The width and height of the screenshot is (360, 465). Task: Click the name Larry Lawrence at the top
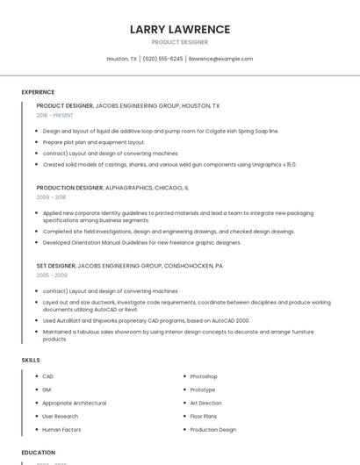(x=179, y=29)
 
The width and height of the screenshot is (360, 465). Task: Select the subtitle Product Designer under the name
(x=179, y=42)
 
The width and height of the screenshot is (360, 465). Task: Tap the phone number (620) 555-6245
(x=162, y=59)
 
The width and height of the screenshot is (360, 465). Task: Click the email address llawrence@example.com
(x=220, y=59)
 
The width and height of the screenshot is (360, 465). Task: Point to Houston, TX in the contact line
(x=121, y=59)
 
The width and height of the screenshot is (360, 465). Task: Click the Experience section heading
(x=38, y=92)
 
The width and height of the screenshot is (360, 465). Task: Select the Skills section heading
(x=31, y=360)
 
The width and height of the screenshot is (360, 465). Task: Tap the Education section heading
(x=39, y=453)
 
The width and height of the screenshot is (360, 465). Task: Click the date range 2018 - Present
(x=54, y=115)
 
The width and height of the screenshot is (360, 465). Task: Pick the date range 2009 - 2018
(x=51, y=197)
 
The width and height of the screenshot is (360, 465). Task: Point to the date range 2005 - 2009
(x=52, y=275)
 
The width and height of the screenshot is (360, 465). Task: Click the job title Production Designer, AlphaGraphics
(x=112, y=188)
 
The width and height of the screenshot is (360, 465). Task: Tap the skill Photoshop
(x=204, y=376)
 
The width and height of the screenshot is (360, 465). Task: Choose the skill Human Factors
(x=61, y=430)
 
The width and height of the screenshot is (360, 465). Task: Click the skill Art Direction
(x=206, y=403)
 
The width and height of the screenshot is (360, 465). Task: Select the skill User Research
(x=61, y=416)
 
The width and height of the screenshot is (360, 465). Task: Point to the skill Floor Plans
(x=204, y=416)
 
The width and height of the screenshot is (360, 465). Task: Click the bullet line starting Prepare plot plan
(x=94, y=142)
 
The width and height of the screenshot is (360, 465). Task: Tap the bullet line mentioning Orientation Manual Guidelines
(x=141, y=242)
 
